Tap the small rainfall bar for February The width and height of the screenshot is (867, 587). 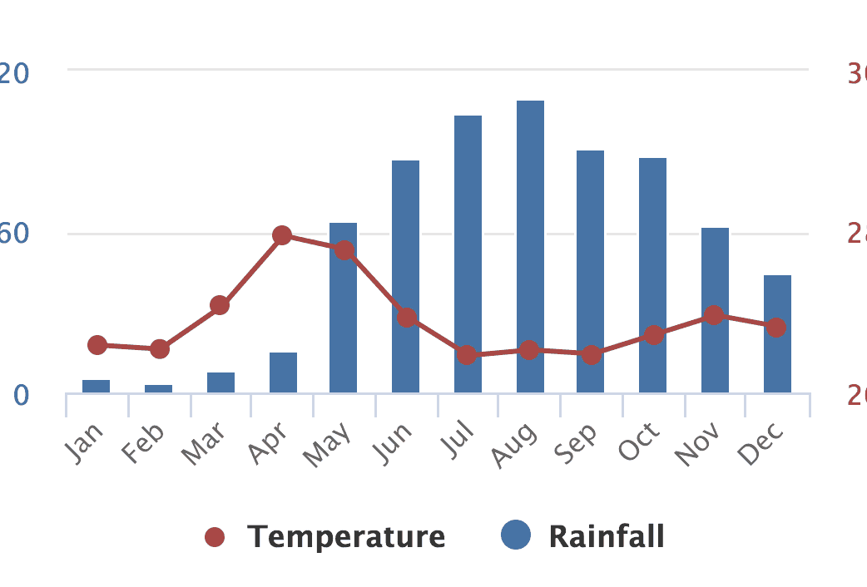point(158,388)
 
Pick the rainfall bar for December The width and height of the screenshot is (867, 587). point(777,333)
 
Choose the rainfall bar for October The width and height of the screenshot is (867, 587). point(652,275)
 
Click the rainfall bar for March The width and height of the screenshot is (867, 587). point(220,382)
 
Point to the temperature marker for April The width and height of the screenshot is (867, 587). point(282,235)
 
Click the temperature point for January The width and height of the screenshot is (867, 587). point(97,345)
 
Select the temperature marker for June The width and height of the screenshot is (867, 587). point(407,318)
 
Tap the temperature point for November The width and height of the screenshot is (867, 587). point(713,315)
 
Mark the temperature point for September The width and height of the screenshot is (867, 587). point(592,355)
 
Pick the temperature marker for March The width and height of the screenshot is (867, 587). point(220,305)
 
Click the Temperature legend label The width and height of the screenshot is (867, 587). point(345,536)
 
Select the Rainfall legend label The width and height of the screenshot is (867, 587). point(607,536)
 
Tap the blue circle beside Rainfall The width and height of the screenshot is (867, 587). point(516,535)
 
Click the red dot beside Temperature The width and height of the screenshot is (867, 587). point(215,537)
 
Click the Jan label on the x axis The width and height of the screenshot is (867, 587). point(84,441)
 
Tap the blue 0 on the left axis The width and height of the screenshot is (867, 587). point(22,394)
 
